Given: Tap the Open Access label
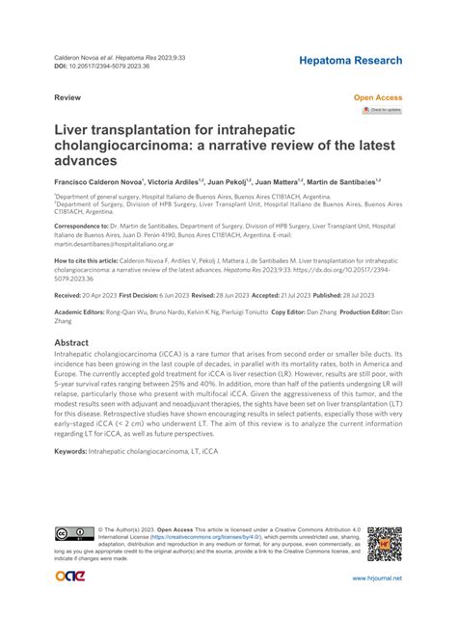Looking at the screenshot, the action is pos(378,98).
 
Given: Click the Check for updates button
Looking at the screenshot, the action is pos(382,111).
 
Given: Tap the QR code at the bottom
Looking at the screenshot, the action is pos(385,545).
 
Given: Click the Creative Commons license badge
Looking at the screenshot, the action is pos(74,533).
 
